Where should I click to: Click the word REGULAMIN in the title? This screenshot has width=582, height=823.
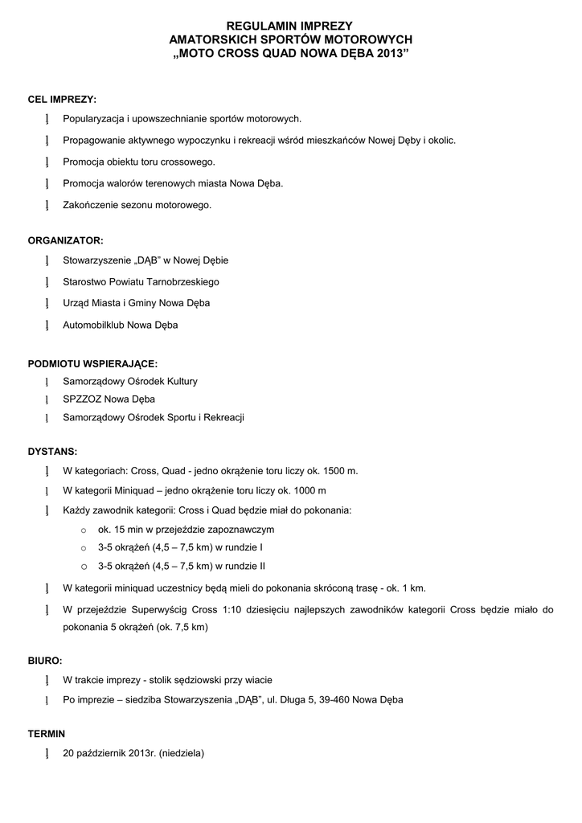[x=256, y=27]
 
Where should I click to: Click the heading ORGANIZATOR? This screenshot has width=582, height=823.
[x=65, y=240]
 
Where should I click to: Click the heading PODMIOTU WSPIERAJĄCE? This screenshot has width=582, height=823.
[x=92, y=364]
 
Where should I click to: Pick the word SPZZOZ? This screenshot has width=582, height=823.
[x=80, y=399]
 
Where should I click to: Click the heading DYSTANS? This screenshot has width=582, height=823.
[x=52, y=452]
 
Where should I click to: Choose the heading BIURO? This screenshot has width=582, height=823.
[x=45, y=661]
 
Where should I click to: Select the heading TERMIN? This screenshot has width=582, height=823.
[x=47, y=734]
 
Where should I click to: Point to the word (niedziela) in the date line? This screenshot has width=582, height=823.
[x=182, y=753]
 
